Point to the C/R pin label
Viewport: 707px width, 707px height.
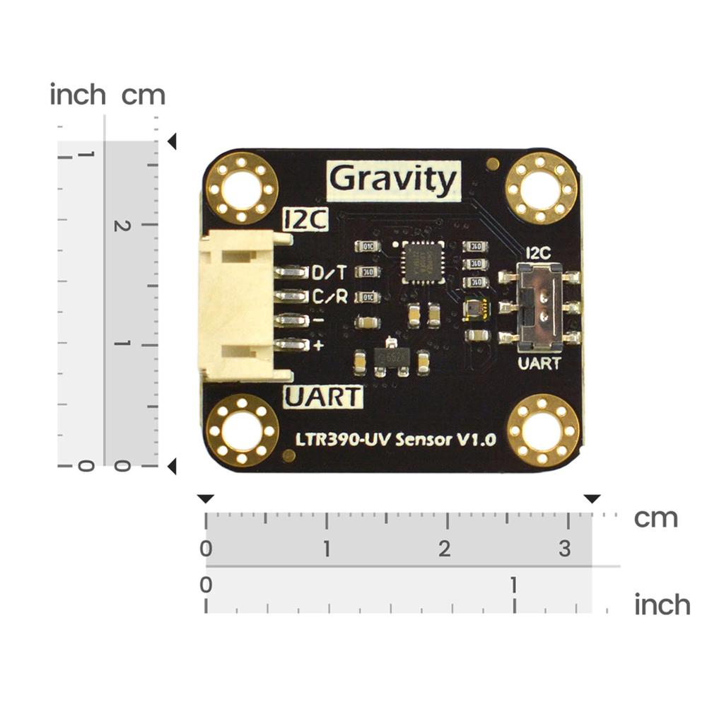(329, 296)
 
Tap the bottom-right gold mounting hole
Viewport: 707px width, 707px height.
(543, 429)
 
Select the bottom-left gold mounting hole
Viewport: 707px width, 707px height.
(242, 429)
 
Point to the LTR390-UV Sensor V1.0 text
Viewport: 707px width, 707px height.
(395, 440)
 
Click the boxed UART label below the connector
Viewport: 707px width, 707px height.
(323, 397)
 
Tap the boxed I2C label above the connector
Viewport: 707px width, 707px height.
(305, 220)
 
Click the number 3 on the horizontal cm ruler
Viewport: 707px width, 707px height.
(564, 548)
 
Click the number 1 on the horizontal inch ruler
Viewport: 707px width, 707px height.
(514, 585)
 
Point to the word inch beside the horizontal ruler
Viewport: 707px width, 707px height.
(662, 605)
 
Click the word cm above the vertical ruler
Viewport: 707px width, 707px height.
(143, 95)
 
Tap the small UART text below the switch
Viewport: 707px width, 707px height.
(540, 364)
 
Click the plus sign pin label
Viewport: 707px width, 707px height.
(318, 345)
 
